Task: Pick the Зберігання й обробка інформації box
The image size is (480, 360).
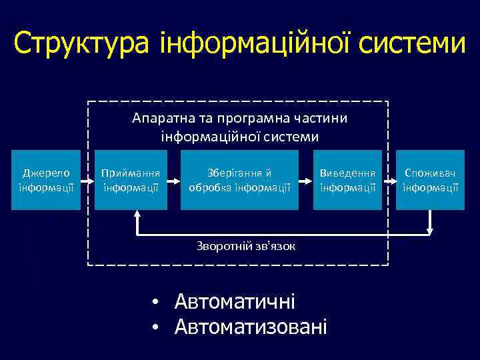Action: tap(239, 180)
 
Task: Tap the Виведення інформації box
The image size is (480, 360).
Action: tap(348, 180)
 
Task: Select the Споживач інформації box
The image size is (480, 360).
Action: tap(430, 180)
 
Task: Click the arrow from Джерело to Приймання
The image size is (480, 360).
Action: tap(87, 180)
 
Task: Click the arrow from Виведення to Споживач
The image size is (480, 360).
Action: tap(389, 180)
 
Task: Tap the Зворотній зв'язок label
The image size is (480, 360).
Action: tap(246, 246)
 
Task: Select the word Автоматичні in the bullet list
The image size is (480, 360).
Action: tap(235, 302)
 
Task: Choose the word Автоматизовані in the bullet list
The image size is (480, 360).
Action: tap(251, 327)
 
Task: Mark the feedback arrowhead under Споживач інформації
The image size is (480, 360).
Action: tap(430, 230)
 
